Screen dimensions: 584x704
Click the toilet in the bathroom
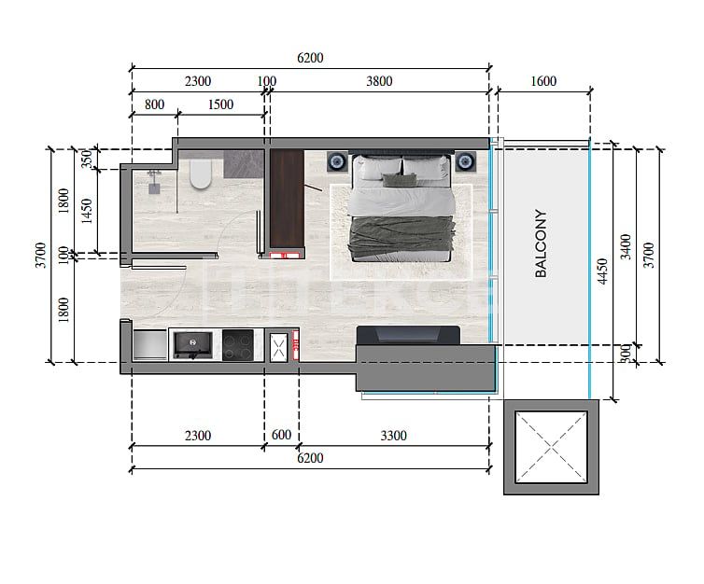coord(201,174)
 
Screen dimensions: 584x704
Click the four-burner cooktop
coord(237,346)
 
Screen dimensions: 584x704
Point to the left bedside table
coord(337,162)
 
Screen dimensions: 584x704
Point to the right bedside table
coord(465,162)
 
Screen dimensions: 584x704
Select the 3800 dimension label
coord(379,81)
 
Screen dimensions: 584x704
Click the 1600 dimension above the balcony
coord(542,81)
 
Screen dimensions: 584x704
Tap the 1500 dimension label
coord(219,104)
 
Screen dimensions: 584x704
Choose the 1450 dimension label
coord(88,211)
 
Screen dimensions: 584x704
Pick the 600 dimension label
coord(281,435)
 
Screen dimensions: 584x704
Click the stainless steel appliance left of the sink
coord(149,345)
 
